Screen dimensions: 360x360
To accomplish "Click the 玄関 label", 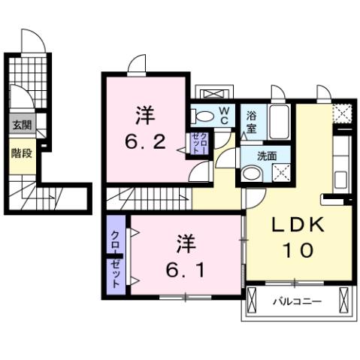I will click(x=20, y=126).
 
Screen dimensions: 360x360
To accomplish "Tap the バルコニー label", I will click(x=296, y=302).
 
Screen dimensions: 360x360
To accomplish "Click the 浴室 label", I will click(x=251, y=123).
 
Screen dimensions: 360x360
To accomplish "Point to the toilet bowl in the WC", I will click(x=202, y=116).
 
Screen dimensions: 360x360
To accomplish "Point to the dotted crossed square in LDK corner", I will click(x=343, y=113).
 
